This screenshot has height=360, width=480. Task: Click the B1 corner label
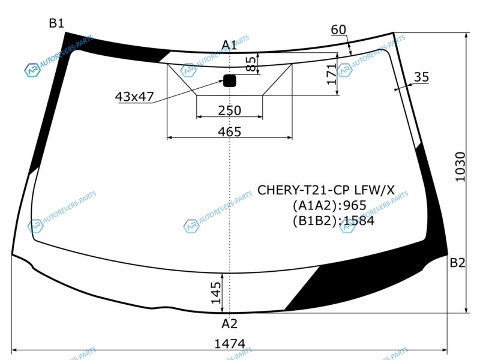coord(56,23)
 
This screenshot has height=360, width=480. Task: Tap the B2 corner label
coord(457,263)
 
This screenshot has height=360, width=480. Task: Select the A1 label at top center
coord(229,46)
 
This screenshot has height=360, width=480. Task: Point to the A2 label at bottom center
coord(229,323)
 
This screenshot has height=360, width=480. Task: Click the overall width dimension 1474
coord(230,344)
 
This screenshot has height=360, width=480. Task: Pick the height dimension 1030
coord(460,167)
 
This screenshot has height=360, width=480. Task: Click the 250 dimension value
coord(230,110)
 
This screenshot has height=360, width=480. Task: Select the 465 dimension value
coord(230,132)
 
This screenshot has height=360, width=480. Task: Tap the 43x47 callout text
coord(134,97)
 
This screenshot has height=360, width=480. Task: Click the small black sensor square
coord(230,80)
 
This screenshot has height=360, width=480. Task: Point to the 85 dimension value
coord(251,64)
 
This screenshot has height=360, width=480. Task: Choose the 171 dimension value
coord(331,74)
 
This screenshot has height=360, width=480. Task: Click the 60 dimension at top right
coord(338,29)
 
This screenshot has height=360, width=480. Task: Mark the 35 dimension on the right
coord(421,77)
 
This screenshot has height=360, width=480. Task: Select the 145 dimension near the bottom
coord(216,293)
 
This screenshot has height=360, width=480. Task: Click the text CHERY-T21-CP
coord(304,190)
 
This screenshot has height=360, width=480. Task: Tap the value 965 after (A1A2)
coord(355,205)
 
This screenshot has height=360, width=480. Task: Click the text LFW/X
coord(374,190)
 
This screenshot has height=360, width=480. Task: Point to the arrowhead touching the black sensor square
coord(221,81)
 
